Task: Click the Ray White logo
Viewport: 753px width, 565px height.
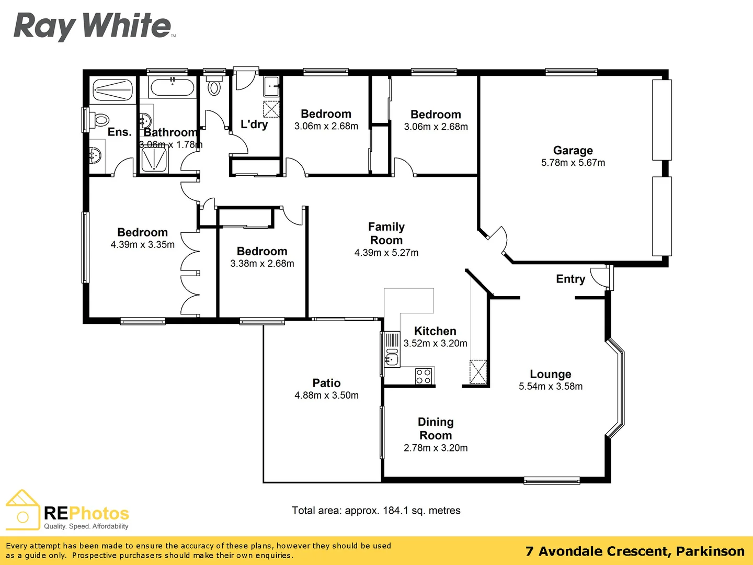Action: [93, 26]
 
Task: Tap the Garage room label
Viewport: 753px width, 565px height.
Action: [573, 151]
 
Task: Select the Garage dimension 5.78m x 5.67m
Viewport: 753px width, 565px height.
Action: [573, 163]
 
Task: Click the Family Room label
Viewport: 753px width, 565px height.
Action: [386, 233]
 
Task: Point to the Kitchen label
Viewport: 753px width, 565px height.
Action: [435, 331]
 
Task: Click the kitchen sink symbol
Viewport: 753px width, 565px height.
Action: [391, 359]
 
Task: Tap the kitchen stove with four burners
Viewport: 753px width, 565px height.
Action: [424, 376]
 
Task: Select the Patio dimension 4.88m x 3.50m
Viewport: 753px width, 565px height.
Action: [326, 395]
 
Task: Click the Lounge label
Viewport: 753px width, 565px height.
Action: [550, 374]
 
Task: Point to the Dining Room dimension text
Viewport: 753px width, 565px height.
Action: [436, 448]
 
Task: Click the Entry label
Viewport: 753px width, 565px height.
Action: [570, 279]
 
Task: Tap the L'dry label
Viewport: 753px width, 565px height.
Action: [254, 124]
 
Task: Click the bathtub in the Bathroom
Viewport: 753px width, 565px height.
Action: [173, 87]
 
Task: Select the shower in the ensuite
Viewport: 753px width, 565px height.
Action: [112, 90]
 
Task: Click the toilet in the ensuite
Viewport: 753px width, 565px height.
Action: [100, 120]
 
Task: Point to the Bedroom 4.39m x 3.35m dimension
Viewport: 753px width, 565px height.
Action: [142, 245]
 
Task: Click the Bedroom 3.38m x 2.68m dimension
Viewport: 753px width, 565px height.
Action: [262, 264]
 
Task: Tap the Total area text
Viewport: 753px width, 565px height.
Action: [376, 511]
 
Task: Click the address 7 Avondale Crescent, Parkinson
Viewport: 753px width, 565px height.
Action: [634, 551]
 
